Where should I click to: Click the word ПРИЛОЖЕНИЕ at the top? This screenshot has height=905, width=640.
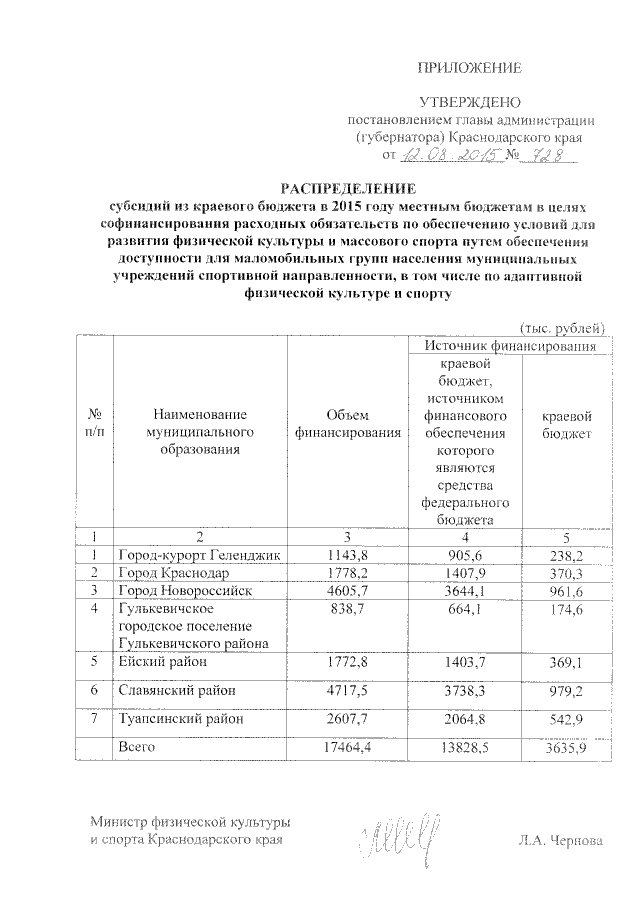tap(469, 68)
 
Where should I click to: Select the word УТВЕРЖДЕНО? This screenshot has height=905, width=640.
tap(469, 102)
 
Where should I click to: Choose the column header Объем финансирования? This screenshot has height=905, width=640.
tap(348, 424)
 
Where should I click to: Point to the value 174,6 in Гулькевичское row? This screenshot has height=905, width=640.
tap(566, 608)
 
